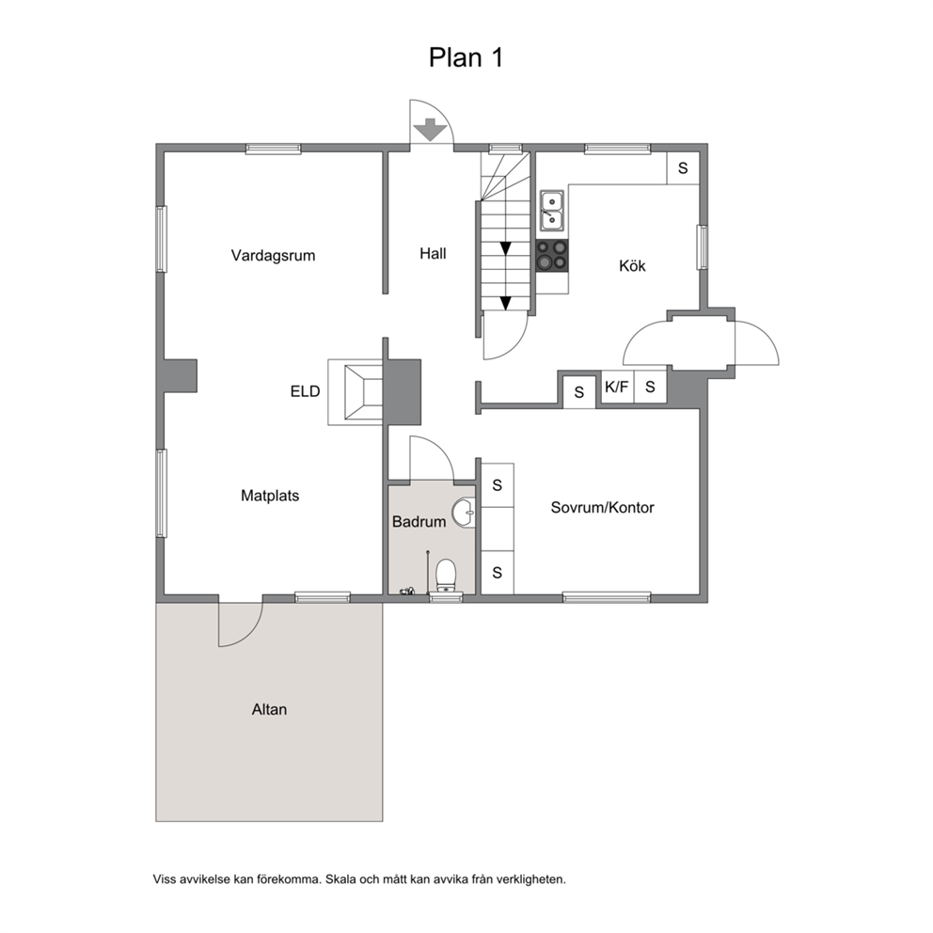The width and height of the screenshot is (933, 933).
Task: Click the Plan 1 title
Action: tap(466, 57)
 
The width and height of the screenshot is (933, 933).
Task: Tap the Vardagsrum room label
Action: tap(273, 256)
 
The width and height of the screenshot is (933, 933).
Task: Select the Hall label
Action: tap(433, 254)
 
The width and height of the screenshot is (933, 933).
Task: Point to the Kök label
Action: tap(632, 265)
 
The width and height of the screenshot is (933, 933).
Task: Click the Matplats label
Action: tap(270, 496)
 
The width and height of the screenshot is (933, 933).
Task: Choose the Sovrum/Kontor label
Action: tap(602, 508)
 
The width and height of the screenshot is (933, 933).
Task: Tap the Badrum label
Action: tap(419, 522)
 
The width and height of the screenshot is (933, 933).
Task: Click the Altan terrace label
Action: tap(269, 709)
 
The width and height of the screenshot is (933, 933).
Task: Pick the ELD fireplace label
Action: tap(306, 391)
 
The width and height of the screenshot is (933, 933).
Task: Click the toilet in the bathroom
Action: tap(446, 576)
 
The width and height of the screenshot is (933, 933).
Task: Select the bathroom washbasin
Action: tap(464, 513)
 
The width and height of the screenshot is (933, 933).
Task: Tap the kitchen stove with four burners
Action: tap(552, 255)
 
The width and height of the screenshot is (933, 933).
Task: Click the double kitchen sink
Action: tap(552, 211)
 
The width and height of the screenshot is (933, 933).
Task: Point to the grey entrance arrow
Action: tap(430, 130)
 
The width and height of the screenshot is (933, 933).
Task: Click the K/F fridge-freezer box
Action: tap(617, 387)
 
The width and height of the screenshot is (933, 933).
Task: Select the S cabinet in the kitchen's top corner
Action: tap(683, 168)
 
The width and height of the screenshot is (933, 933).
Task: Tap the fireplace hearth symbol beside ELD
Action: tap(363, 392)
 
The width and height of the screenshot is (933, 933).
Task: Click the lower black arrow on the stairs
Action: tap(505, 304)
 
